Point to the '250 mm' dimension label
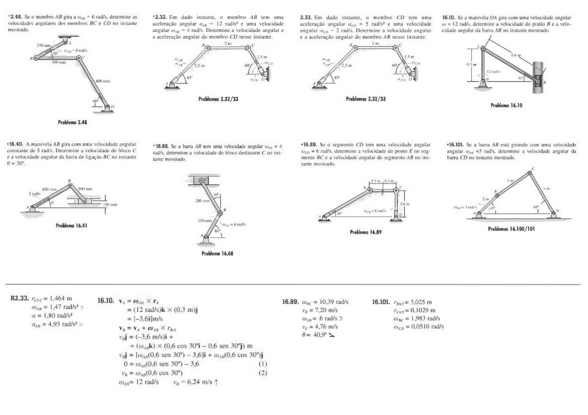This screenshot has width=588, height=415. (44, 46)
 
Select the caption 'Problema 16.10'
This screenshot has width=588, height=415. (507, 105)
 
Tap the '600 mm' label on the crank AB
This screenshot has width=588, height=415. (50, 189)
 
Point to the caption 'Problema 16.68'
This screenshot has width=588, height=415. (217, 254)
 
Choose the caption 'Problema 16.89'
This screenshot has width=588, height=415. (366, 232)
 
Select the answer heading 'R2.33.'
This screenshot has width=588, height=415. (20, 299)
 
